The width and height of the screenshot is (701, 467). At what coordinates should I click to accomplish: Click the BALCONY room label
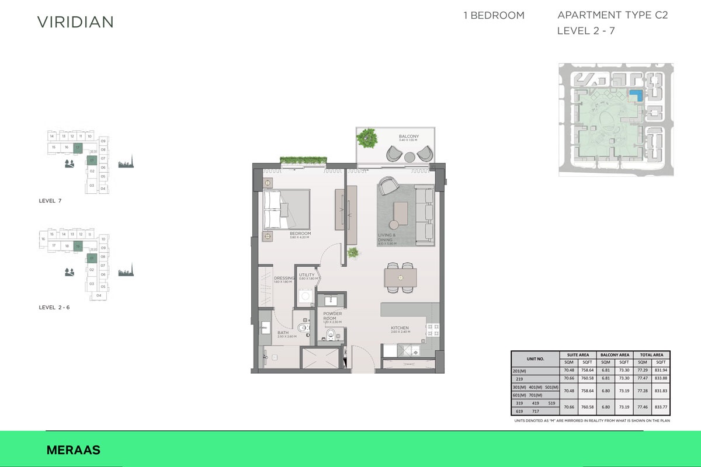[409, 137]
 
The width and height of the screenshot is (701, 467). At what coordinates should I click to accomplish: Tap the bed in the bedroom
[286, 209]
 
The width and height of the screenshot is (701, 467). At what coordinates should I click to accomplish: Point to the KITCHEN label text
[400, 328]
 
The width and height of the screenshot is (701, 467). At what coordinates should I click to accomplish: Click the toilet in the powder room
[330, 335]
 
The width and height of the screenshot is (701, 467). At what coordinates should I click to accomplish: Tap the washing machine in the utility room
[304, 297]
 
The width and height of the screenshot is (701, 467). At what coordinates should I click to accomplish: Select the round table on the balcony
[409, 156]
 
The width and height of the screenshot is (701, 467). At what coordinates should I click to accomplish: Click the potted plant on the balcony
[367, 139]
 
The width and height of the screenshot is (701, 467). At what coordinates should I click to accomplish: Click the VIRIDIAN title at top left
[75, 22]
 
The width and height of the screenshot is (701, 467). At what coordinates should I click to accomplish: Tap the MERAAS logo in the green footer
[73, 450]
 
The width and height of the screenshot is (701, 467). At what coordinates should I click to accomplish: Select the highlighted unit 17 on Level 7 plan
[77, 147]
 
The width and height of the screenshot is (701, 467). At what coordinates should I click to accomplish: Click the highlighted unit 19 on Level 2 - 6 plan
[78, 246]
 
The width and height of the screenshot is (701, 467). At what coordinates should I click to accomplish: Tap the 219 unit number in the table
[519, 378]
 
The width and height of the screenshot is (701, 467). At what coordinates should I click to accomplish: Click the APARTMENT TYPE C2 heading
[612, 16]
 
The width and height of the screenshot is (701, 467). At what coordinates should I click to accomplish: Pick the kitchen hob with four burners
[432, 331]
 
